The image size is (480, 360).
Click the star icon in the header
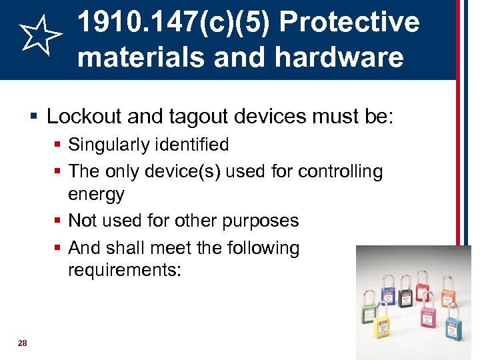[x=39, y=37]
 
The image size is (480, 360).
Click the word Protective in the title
[x=349, y=22]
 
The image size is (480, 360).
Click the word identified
[x=193, y=145]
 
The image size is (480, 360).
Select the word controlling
[x=340, y=171]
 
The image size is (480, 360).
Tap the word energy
[x=96, y=194]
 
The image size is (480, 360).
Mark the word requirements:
[x=124, y=270]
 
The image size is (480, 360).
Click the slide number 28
[x=23, y=343]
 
